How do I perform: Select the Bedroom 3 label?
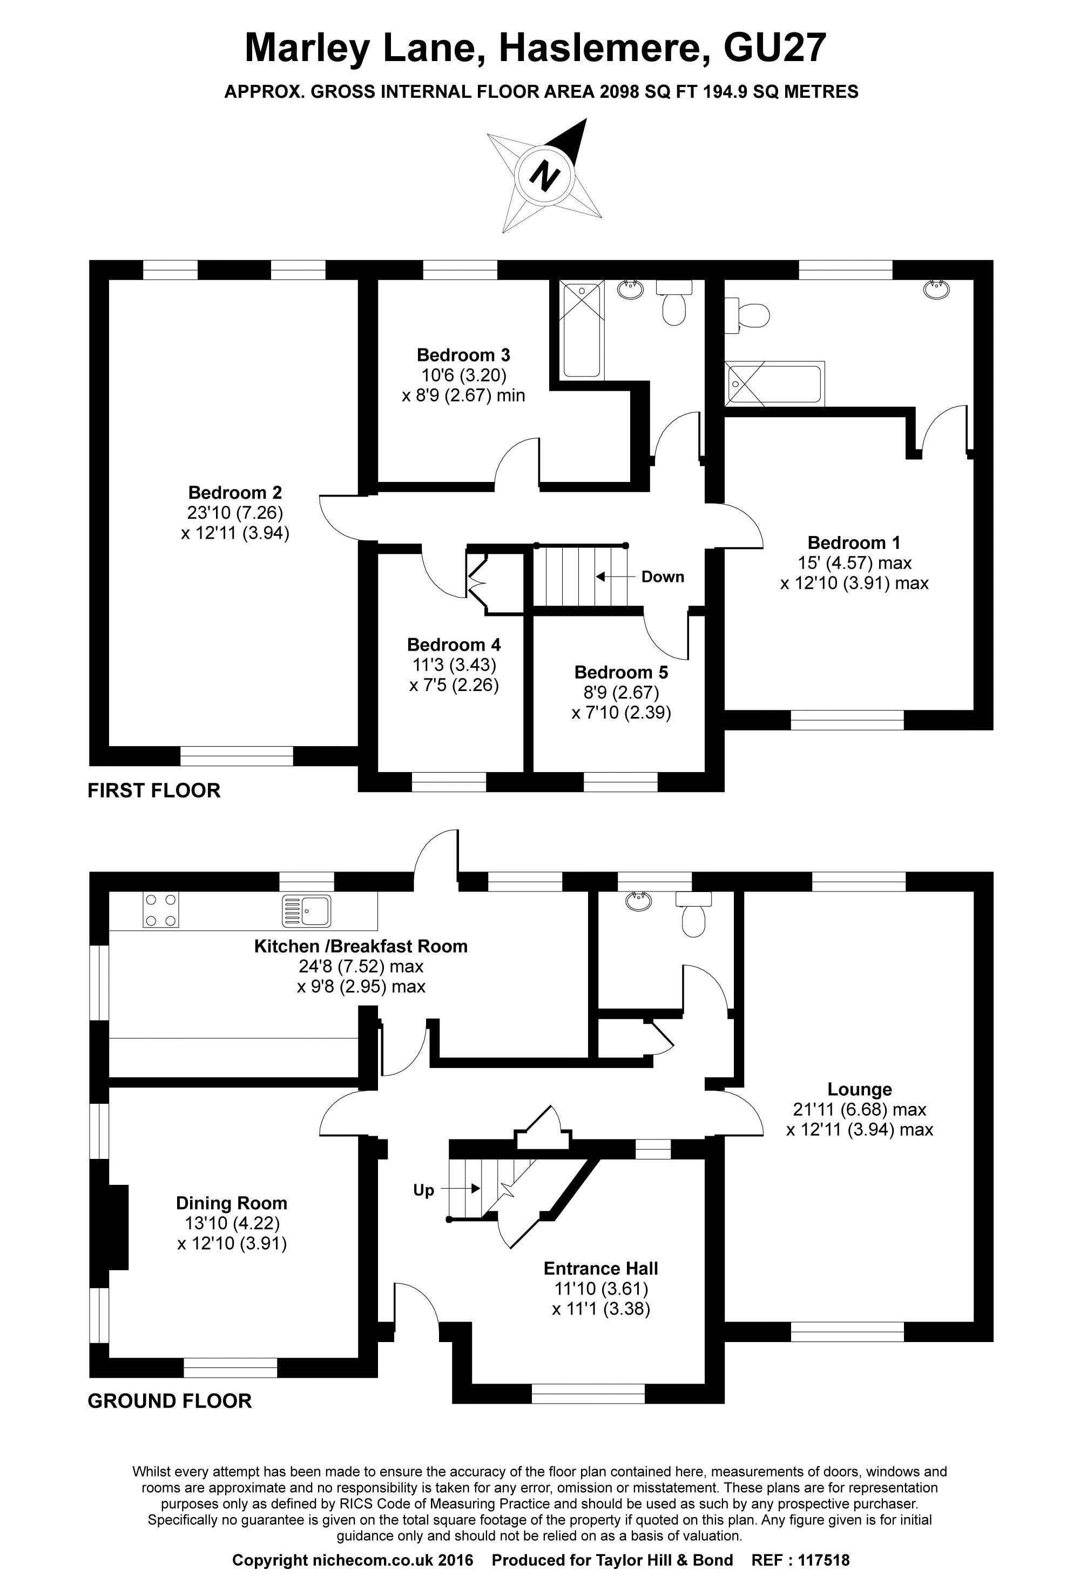[463, 354]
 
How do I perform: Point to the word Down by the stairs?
[663, 577]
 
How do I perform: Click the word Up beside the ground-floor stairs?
[424, 1190]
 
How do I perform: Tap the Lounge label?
[859, 1090]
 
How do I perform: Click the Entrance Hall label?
[600, 1269]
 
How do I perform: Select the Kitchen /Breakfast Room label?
[361, 946]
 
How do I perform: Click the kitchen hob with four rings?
[161, 910]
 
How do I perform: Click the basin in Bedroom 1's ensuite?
[936, 290]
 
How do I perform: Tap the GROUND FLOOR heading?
[170, 1401]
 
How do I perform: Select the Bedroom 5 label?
[620, 672]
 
